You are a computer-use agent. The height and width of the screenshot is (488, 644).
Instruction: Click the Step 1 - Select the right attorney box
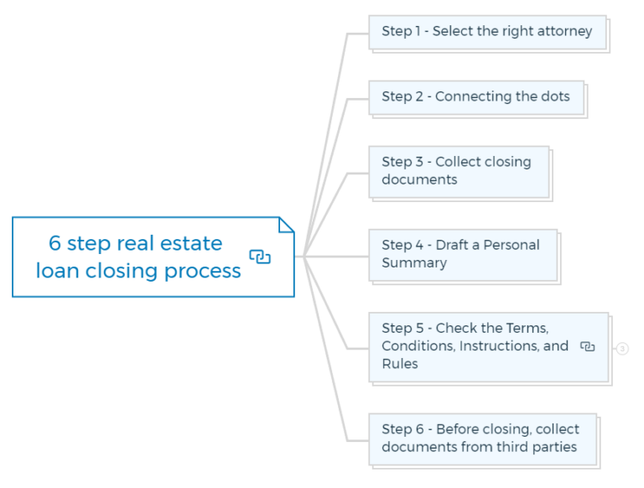point(487,32)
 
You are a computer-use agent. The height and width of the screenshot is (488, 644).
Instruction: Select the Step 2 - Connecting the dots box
point(475,97)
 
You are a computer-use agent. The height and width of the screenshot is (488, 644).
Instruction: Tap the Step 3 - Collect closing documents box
point(459,171)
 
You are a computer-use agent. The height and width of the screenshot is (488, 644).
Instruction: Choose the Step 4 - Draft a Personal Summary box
point(463,254)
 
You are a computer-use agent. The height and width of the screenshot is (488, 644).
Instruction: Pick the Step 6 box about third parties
point(482,438)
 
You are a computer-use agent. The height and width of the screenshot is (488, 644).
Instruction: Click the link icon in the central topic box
point(260,257)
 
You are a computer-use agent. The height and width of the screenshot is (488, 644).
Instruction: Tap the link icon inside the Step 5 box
point(588,346)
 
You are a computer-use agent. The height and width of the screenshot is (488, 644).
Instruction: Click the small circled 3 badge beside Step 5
point(622,349)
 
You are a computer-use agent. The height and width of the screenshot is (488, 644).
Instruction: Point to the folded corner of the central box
point(286,226)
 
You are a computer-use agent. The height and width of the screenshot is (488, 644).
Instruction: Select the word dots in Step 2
point(555,96)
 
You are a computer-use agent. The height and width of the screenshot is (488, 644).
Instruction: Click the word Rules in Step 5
point(400,364)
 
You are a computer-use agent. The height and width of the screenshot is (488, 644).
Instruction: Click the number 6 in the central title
point(55,244)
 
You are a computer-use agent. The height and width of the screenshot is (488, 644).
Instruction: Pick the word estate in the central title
point(193,244)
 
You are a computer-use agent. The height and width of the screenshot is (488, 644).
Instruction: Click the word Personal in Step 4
point(511,246)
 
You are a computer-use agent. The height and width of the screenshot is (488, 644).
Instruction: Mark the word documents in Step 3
point(419,180)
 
